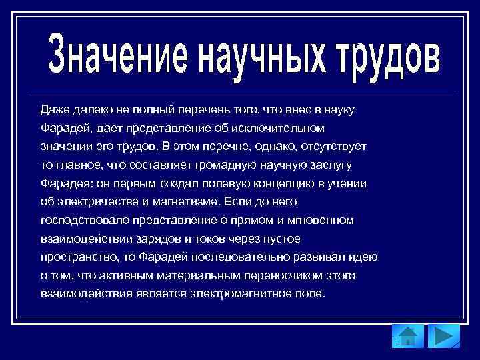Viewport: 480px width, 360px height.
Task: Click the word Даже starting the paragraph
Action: pos(54,108)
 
